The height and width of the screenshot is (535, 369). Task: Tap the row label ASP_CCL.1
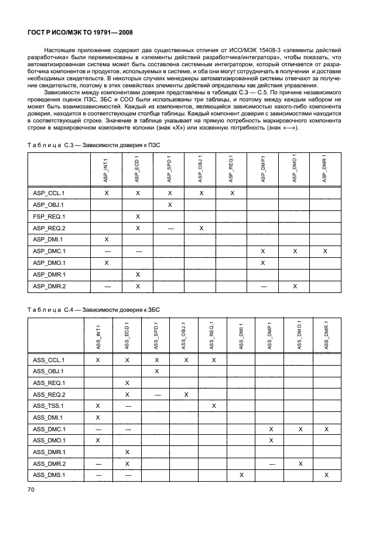coord(48,193)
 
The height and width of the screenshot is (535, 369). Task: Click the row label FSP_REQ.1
coord(48,216)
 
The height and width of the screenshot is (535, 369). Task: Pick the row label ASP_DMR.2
coord(48,286)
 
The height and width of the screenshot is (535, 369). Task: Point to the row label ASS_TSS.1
coord(48,405)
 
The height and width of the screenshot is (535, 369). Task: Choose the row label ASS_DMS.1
coord(48,475)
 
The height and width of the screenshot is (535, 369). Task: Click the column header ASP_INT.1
coord(106,166)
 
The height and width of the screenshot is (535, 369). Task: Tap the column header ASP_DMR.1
coord(325,166)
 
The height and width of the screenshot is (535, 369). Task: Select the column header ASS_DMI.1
coord(241,336)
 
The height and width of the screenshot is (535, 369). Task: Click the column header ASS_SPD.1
coord(156,336)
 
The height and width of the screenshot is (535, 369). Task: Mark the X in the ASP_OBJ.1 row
coord(169,205)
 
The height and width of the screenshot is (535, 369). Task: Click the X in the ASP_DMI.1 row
coord(106,240)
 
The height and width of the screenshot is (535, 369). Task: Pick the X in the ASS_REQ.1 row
coord(127,383)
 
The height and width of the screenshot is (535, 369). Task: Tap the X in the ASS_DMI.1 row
coord(98,417)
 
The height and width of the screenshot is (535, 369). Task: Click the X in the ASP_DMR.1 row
coord(138,274)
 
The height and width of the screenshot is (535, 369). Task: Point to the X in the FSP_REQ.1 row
coord(138,216)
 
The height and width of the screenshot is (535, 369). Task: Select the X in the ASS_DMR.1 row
coord(127,452)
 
